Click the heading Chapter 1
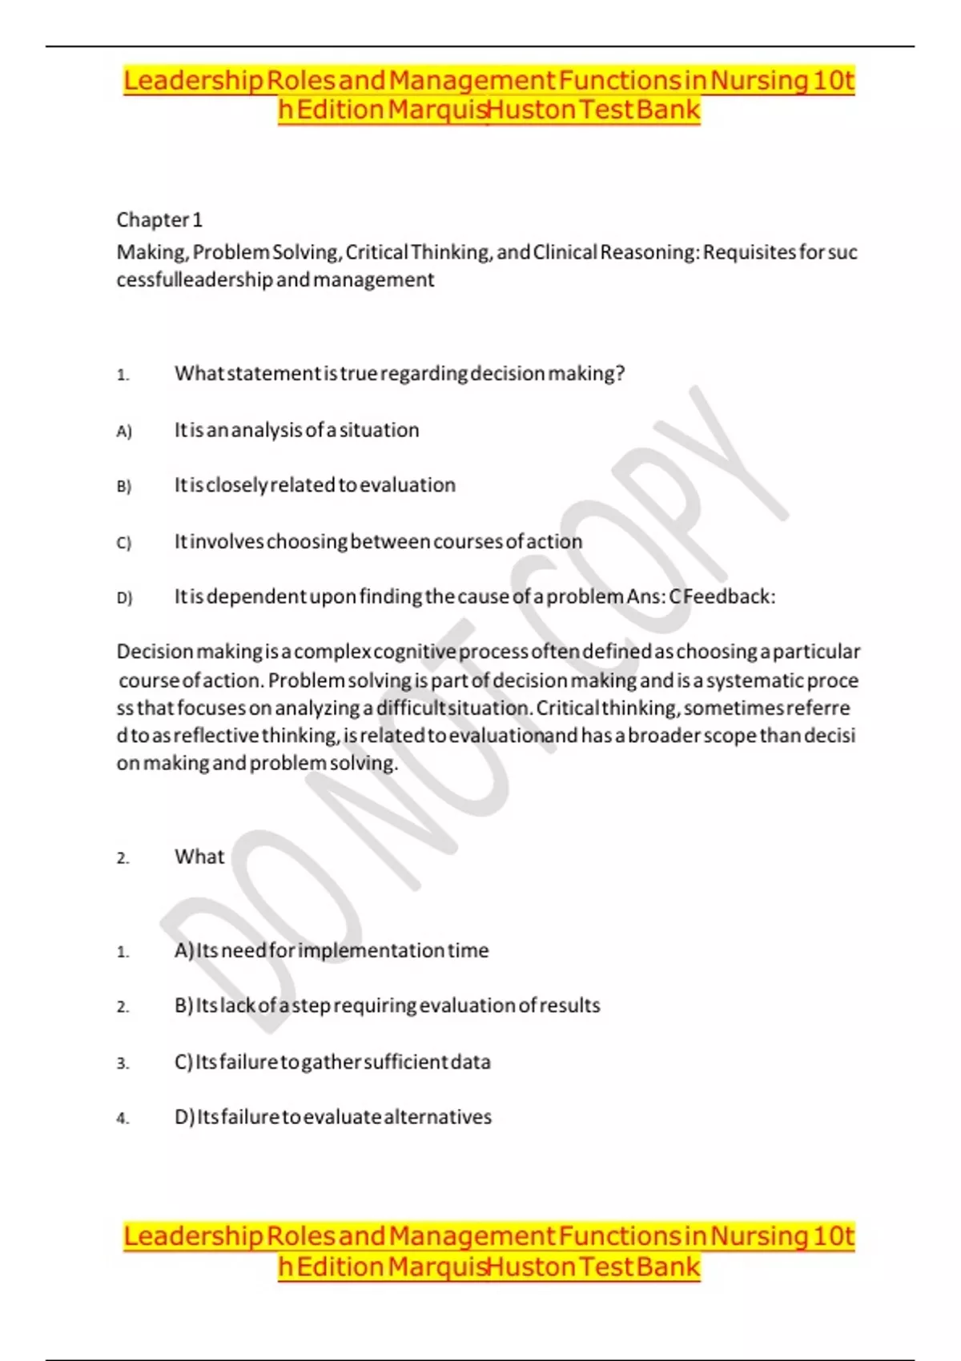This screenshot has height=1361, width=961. (x=159, y=219)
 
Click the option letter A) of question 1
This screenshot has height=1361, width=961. (x=123, y=432)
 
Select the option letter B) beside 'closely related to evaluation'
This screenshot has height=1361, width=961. (x=123, y=487)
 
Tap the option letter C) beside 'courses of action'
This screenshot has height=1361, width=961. (x=123, y=543)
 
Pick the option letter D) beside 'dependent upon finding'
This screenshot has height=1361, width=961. (x=123, y=598)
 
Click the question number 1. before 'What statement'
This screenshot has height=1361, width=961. (x=123, y=375)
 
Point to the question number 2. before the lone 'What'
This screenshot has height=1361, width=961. (x=123, y=858)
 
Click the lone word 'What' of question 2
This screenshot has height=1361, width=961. (x=199, y=857)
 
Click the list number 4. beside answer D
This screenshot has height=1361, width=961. (x=123, y=1118)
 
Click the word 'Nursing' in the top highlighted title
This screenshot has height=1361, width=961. (x=759, y=81)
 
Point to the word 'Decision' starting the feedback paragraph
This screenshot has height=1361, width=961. (x=155, y=652)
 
